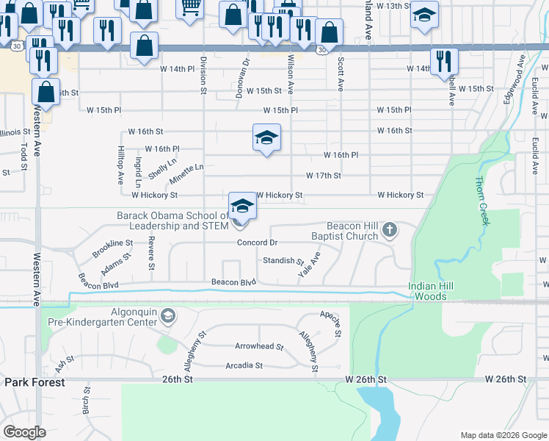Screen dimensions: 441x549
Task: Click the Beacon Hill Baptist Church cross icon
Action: coord(390,232)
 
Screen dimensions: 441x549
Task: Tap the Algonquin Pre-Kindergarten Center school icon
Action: coord(168,316)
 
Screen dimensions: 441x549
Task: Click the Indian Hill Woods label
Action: coord(436,291)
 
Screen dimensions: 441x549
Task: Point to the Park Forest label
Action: coord(34,382)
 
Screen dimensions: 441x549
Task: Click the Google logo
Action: coord(24,431)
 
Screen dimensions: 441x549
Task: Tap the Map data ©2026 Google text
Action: coord(503,435)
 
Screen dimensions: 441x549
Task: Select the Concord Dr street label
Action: coord(257,243)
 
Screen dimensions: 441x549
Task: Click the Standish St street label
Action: coord(283,261)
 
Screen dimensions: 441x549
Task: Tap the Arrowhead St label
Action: coord(259,346)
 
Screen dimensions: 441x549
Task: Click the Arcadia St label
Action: coord(244,365)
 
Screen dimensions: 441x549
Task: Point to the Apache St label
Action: coord(331,323)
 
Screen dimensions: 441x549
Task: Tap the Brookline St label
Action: coord(112,248)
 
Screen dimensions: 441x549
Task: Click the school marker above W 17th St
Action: coord(267,137)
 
